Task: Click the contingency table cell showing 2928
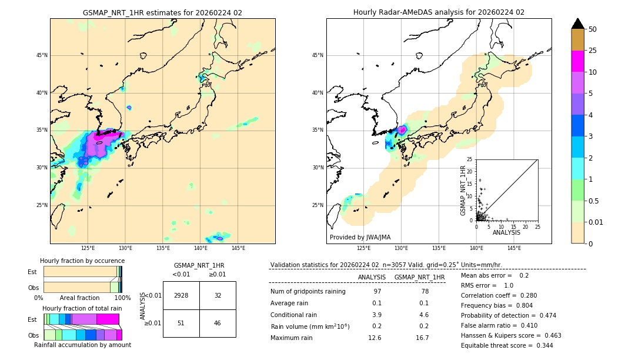pyautogui.click(x=181, y=295)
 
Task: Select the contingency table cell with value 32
pyautogui.click(x=218, y=295)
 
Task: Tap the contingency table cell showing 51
pyautogui.click(x=181, y=323)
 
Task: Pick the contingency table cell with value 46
pyautogui.click(x=218, y=323)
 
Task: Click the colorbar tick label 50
pyautogui.click(x=593, y=29)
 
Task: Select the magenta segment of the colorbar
pyautogui.click(x=578, y=61)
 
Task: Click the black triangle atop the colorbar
pyautogui.click(x=578, y=24)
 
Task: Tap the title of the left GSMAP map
pyautogui.click(x=162, y=12)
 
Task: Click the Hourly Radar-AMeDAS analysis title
pyautogui.click(x=439, y=12)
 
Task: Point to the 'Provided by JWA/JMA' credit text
pyautogui.click(x=360, y=238)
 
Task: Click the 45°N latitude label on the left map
pyautogui.click(x=42, y=55)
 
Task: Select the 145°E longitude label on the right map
pyautogui.click(x=514, y=248)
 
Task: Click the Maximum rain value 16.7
pyautogui.click(x=422, y=338)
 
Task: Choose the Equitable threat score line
pyautogui.click(x=507, y=345)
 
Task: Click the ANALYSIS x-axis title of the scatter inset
pyautogui.click(x=507, y=232)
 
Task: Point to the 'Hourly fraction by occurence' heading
pyautogui.click(x=82, y=261)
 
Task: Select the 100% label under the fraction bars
pyautogui.click(x=122, y=298)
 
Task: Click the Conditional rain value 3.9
pyautogui.click(x=376, y=315)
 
